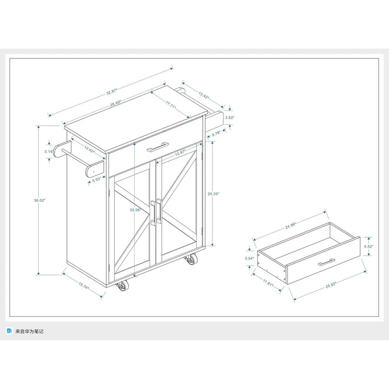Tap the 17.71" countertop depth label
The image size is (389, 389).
pyautogui.click(x=171, y=104)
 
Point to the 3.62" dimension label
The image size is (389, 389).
pyautogui.click(x=230, y=118)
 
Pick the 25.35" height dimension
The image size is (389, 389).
pyautogui.click(x=213, y=193)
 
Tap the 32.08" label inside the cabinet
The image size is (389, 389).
pyautogui.click(x=135, y=210)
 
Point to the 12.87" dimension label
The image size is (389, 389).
pyautogui.click(x=181, y=153)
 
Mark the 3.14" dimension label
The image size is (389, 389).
pyautogui.click(x=49, y=152)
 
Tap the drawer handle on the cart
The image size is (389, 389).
pyautogui.click(x=158, y=146)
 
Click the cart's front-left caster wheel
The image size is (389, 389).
pyautogui.click(x=122, y=286)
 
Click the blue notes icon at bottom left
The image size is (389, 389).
pyautogui.click(x=9, y=331)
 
